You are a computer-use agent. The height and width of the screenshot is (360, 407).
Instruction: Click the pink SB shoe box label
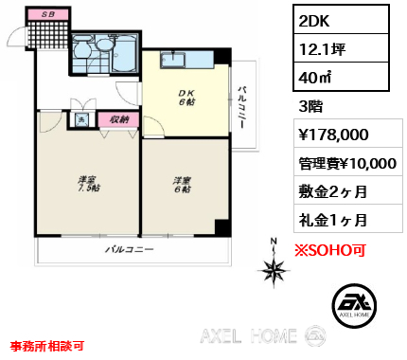[48, 14]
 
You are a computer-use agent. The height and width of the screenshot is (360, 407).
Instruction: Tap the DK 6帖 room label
[186, 98]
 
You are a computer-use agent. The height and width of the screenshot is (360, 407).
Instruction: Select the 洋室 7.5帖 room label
[89, 184]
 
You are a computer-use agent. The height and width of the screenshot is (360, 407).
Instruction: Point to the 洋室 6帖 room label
[183, 185]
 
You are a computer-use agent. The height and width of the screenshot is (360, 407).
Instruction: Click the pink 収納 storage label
[118, 119]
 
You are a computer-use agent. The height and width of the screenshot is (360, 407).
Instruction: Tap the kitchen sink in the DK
[173, 60]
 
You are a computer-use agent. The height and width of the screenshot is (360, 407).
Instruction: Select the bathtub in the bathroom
[124, 53]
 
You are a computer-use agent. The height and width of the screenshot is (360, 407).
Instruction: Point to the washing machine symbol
[81, 119]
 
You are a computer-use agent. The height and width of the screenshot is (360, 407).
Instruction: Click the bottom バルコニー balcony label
[130, 249]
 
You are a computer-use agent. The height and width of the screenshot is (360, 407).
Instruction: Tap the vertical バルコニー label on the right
[242, 106]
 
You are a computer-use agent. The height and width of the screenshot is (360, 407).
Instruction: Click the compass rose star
[274, 271]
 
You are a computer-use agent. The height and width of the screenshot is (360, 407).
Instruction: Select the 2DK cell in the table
[341, 20]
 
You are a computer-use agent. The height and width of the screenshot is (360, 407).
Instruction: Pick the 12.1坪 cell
[341, 48]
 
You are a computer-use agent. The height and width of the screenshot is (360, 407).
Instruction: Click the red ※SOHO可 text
[330, 250]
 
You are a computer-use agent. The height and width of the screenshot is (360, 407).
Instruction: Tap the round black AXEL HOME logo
[354, 305]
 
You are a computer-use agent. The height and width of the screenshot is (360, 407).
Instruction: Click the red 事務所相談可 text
[46, 346]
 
